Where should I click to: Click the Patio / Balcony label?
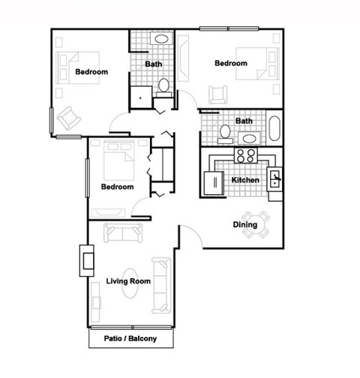coord(130,338)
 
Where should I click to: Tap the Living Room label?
coord(129,281)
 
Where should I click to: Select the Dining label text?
coord(244,224)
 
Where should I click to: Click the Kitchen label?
coord(245,181)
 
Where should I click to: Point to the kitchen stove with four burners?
coord(245,156)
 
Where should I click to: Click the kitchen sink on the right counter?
coord(274,178)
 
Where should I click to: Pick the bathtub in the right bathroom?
coord(274,129)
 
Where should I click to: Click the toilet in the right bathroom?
coord(224,132)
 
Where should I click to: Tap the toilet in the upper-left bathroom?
coord(163,87)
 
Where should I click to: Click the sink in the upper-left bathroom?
coord(160,39)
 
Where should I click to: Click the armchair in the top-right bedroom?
coord(218,94)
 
